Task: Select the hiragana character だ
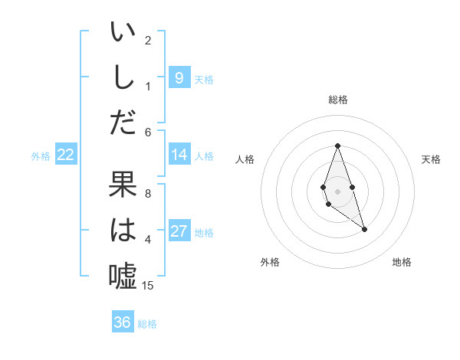pos(123,122)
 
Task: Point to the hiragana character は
pos(123,230)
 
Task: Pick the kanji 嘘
pos(123,275)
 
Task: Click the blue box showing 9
pos(179,77)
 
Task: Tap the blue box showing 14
pos(179,155)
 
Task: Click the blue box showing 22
pos(66,155)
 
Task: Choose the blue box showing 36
pos(122,322)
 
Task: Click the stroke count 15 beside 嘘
pos(148,286)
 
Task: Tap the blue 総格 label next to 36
pos(147,324)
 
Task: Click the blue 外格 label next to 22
pos(41,156)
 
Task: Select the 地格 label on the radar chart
pos(402,262)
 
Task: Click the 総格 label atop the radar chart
pos(337,100)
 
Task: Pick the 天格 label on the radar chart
pos(431,159)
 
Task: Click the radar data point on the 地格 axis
pos(364,229)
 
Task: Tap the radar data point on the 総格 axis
pos(337,146)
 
